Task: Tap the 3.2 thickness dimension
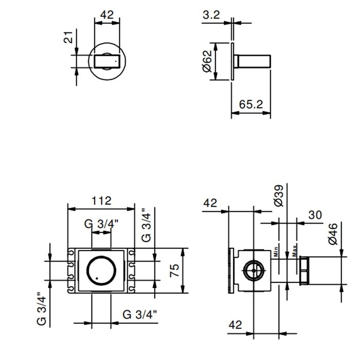click(211, 15)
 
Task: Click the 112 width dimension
click(101, 201)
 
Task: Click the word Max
click(295, 251)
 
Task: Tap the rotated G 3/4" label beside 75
click(146, 225)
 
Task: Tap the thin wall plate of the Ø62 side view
click(232, 61)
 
